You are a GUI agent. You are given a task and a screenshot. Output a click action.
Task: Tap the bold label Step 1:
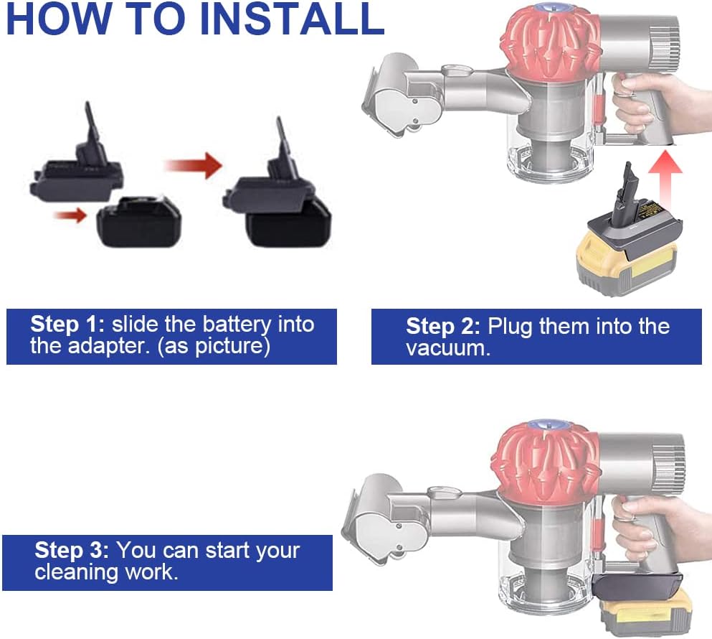click(x=68, y=324)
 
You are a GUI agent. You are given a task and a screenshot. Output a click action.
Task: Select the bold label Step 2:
click(x=443, y=327)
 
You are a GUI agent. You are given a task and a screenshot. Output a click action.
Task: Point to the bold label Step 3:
click(x=72, y=551)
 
